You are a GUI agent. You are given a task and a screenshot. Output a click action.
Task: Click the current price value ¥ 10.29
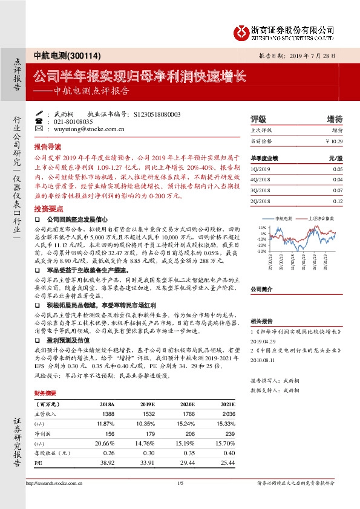click(x=334, y=141)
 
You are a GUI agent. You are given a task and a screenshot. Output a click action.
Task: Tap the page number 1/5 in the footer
click(x=180, y=483)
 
